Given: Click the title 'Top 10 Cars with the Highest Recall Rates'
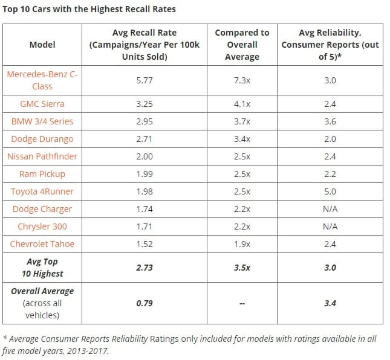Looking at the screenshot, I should (90, 10).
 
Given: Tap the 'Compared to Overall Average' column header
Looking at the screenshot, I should (241, 45).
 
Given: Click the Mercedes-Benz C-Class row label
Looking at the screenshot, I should (42, 80).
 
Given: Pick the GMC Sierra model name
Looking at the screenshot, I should (42, 104).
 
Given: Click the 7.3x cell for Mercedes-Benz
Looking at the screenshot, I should (241, 80).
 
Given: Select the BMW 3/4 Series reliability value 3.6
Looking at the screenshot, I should (331, 121).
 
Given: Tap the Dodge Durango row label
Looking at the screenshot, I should (42, 139).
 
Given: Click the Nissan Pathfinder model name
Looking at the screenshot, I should (42, 156).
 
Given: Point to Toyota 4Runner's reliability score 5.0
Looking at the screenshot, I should (331, 191).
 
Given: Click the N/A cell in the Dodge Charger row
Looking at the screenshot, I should (331, 209).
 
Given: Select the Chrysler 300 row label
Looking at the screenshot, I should (42, 227).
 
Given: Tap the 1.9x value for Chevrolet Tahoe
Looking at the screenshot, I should (241, 244).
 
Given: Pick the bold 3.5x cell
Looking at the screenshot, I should (241, 268).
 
